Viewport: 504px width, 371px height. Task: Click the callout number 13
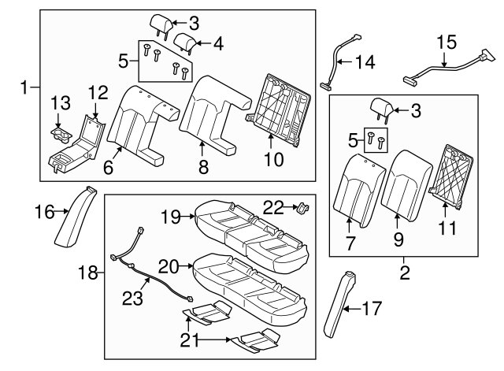61,103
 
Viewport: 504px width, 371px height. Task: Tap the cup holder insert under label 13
61,135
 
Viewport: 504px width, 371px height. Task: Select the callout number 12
98,93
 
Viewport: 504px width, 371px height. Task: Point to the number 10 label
274,159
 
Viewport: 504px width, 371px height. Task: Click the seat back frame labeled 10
277,111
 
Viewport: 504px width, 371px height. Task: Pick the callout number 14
365,62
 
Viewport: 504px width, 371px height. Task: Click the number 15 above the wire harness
447,43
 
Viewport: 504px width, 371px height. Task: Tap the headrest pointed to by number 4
185,42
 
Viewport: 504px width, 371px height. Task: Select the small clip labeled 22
303,207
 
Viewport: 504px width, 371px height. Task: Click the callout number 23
132,298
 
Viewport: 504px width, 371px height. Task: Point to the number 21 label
189,340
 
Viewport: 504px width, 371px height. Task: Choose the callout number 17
372,308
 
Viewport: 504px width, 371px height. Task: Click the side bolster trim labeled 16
76,217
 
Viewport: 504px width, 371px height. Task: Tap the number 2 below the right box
405,273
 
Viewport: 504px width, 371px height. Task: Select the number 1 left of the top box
24,87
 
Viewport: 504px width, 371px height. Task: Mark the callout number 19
172,217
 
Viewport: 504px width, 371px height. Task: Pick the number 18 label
88,273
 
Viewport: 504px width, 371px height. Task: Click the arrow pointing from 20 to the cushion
187,266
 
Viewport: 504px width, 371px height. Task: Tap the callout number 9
398,239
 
